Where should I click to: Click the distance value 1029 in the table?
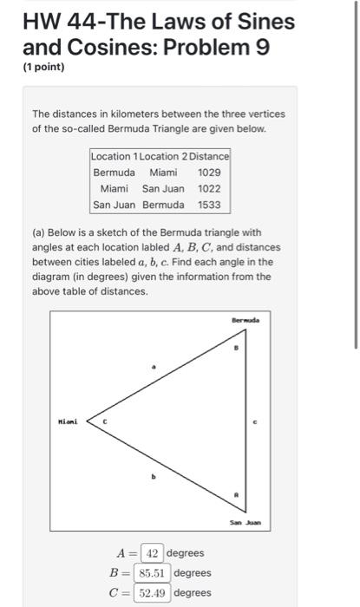pyautogui.click(x=209, y=173)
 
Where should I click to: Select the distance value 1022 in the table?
pyautogui.click(x=209, y=189)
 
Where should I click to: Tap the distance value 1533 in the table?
pyautogui.click(x=209, y=206)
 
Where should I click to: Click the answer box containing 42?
pyautogui.click(x=151, y=553)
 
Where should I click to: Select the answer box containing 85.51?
pyautogui.click(x=154, y=572)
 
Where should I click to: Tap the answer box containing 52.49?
pyautogui.click(x=154, y=592)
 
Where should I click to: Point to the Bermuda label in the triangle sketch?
pyautogui.click(x=245, y=321)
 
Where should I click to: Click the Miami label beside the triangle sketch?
pyautogui.click(x=68, y=422)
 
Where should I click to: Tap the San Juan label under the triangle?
pyautogui.click(x=245, y=523)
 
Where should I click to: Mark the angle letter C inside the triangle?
pyautogui.click(x=105, y=422)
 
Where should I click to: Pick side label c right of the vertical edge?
pyautogui.click(x=255, y=422)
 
